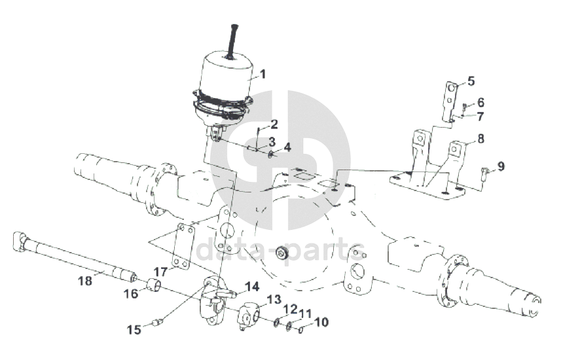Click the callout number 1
click(262, 74)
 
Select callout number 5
click(471, 81)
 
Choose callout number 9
click(501, 166)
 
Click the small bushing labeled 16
click(155, 285)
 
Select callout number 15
click(134, 330)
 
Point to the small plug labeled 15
click(156, 321)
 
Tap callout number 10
click(321, 322)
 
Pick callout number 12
click(290, 308)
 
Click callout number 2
click(274, 124)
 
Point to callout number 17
click(161, 270)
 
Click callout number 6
click(480, 102)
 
